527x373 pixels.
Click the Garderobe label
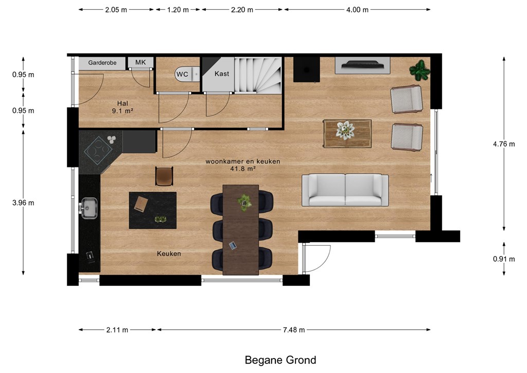(102, 63)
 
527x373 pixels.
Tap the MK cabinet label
(140, 62)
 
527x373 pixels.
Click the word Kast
(222, 74)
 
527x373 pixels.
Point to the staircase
(258, 75)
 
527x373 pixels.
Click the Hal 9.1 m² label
(122, 107)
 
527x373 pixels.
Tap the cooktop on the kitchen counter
(98, 150)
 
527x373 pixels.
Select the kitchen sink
(89, 208)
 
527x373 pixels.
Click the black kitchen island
(152, 210)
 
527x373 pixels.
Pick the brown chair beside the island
(164, 176)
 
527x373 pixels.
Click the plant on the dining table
(244, 202)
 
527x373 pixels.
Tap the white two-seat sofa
(345, 190)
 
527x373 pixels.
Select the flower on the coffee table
(345, 130)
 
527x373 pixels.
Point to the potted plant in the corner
(419, 70)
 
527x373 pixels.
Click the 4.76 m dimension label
(504, 144)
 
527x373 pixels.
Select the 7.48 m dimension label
(294, 330)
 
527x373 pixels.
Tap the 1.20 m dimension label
(178, 10)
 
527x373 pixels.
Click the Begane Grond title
(280, 360)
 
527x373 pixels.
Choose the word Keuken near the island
(169, 253)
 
